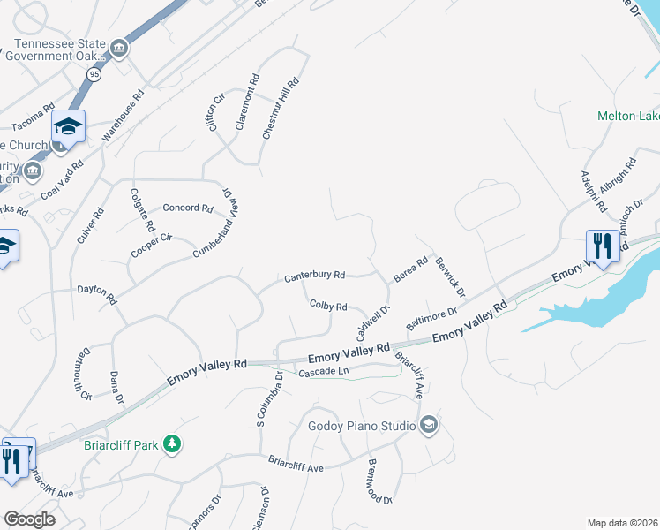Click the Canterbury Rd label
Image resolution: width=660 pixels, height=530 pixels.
[314, 276]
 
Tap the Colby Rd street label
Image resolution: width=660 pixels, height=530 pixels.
[327, 306]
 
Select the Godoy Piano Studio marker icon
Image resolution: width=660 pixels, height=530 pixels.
[428, 426]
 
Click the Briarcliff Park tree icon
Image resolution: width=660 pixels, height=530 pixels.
[174, 443]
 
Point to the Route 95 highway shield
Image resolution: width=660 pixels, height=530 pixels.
[94, 75]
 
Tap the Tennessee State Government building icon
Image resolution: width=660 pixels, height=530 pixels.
[118, 46]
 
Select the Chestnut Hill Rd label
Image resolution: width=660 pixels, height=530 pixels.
[281, 108]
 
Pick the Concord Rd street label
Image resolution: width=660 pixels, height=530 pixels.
[188, 209]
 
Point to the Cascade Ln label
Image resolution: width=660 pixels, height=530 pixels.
[319, 373]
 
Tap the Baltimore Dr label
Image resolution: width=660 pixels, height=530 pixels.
[431, 319]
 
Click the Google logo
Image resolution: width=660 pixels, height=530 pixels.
[29, 519]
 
